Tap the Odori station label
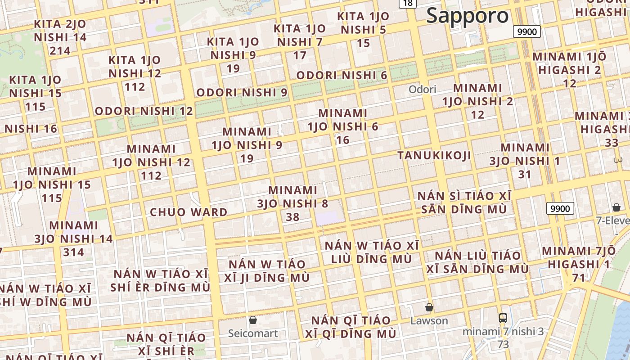click(422, 89)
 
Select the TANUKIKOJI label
click(434, 156)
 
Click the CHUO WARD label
click(189, 212)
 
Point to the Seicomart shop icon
click(253, 320)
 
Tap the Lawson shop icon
click(429, 307)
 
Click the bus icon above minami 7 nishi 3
click(503, 318)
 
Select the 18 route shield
click(407, 3)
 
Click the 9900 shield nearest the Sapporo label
click(527, 31)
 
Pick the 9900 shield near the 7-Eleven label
click(560, 208)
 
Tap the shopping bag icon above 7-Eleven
click(616, 207)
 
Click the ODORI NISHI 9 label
click(242, 92)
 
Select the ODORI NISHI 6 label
click(342, 75)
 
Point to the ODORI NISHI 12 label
click(144, 111)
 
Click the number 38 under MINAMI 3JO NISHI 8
click(292, 217)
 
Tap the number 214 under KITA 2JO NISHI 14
click(60, 50)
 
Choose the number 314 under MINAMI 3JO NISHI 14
click(73, 252)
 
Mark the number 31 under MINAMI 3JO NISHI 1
click(525, 174)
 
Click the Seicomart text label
click(253, 333)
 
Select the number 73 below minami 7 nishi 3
click(503, 344)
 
